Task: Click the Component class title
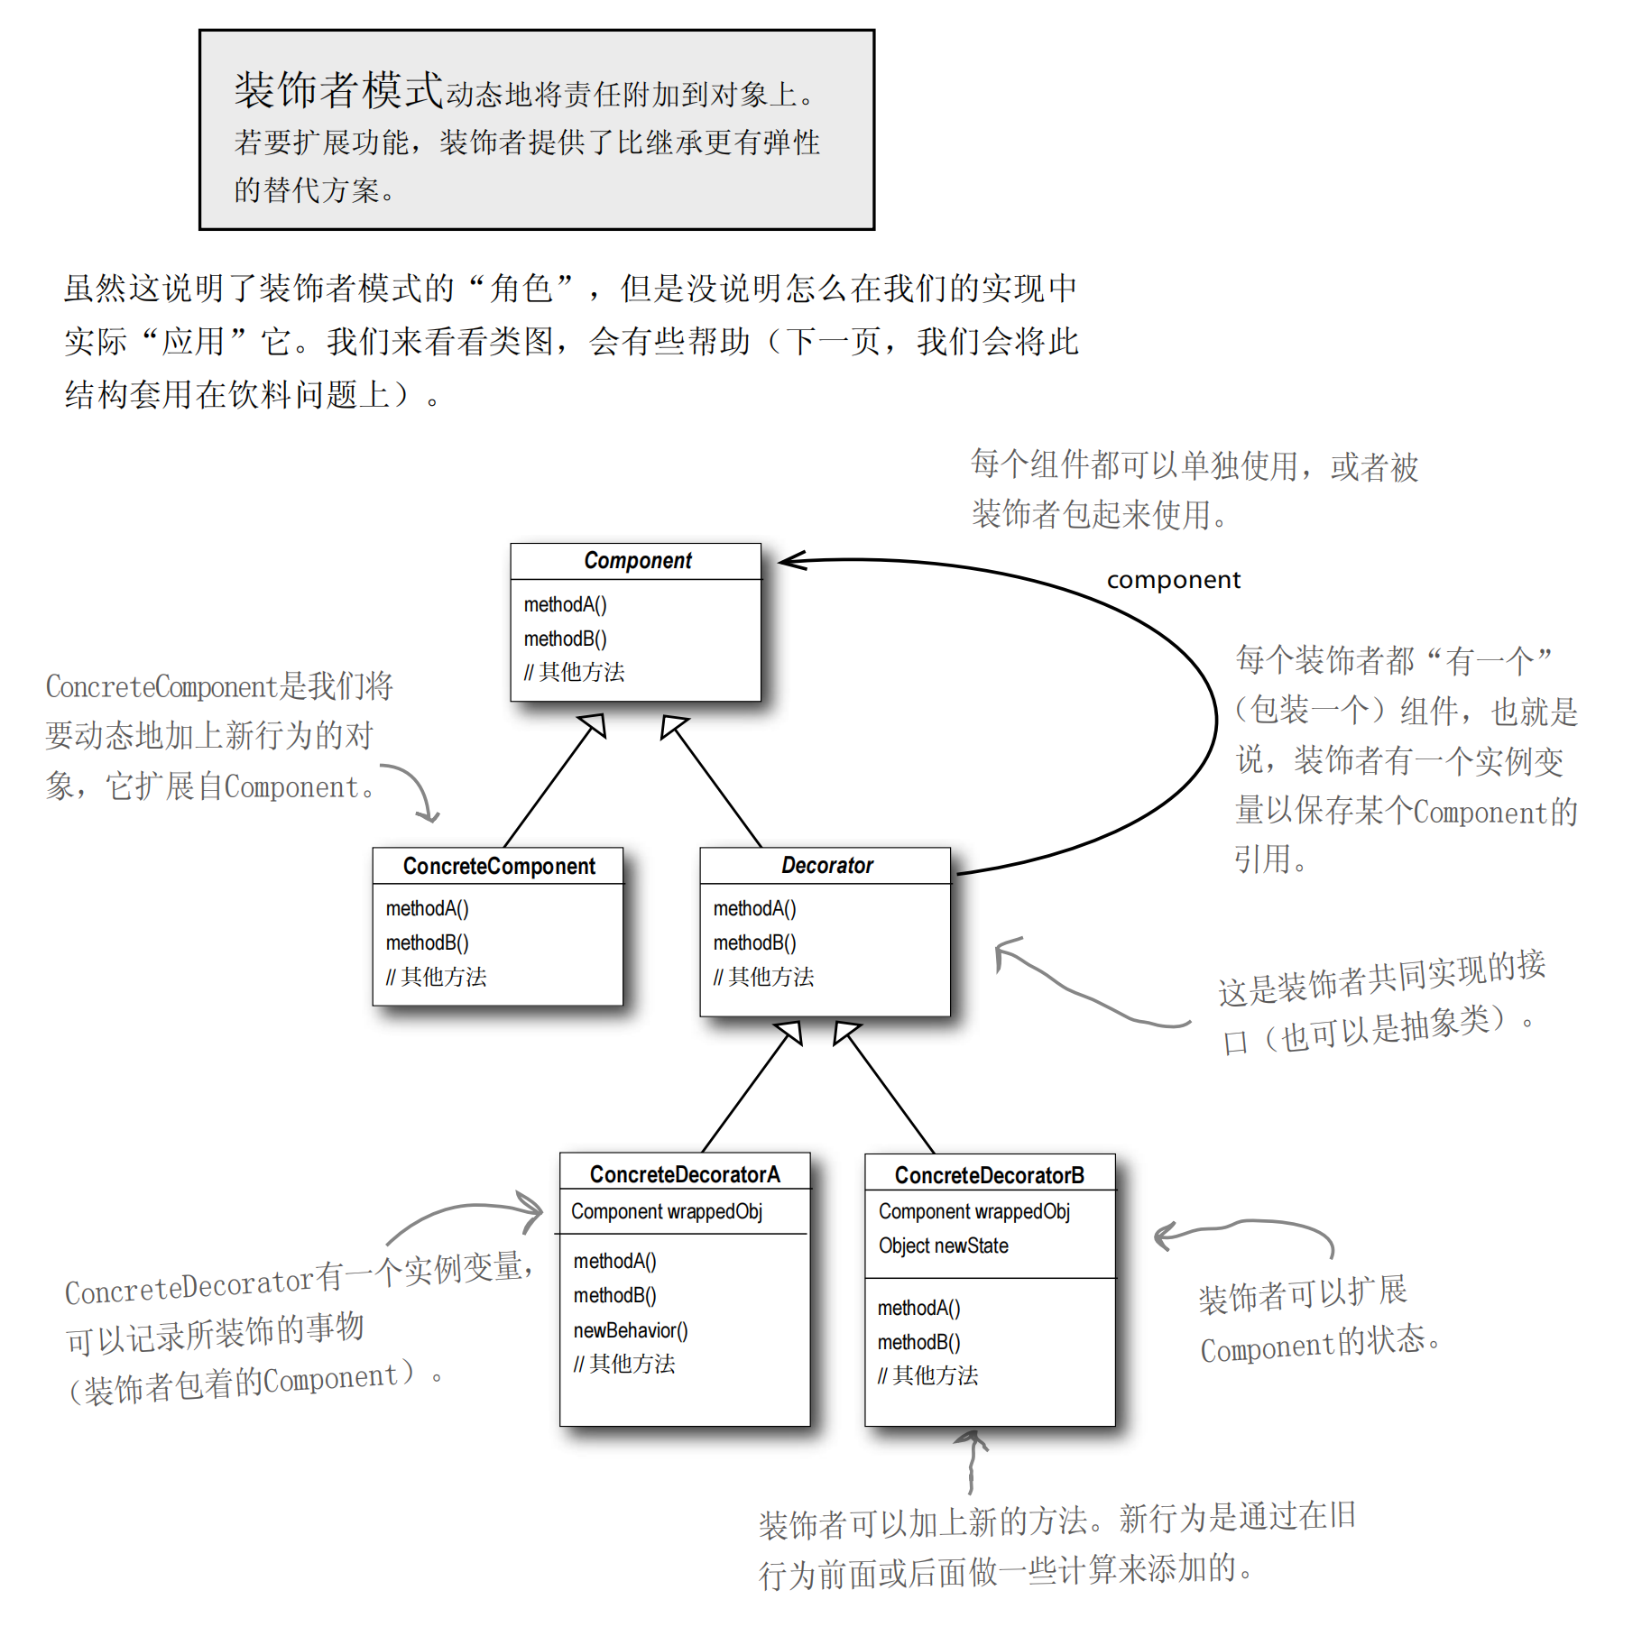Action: pyautogui.click(x=637, y=560)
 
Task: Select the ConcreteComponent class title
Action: pyautogui.click(x=498, y=866)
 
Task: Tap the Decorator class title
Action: pyautogui.click(x=826, y=865)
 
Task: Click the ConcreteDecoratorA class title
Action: pyautogui.click(x=685, y=1174)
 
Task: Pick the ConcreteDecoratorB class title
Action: pyautogui.click(x=989, y=1175)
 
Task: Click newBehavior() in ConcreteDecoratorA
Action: pyautogui.click(x=631, y=1330)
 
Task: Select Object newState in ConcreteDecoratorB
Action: pyautogui.click(x=944, y=1246)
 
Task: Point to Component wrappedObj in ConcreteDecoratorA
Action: pyautogui.click(x=667, y=1211)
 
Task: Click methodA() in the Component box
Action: pyautogui.click(x=566, y=604)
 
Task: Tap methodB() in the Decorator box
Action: pyautogui.click(x=755, y=942)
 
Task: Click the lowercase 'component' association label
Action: pyautogui.click(x=1173, y=580)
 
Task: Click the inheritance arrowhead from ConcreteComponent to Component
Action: pyautogui.click(x=595, y=724)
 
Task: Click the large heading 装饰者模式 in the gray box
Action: pyautogui.click(x=338, y=90)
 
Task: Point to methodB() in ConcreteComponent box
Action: pyautogui.click(x=428, y=942)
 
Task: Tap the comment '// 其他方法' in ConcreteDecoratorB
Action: pyautogui.click(x=928, y=1375)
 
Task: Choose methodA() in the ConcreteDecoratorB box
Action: pyautogui.click(x=919, y=1308)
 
